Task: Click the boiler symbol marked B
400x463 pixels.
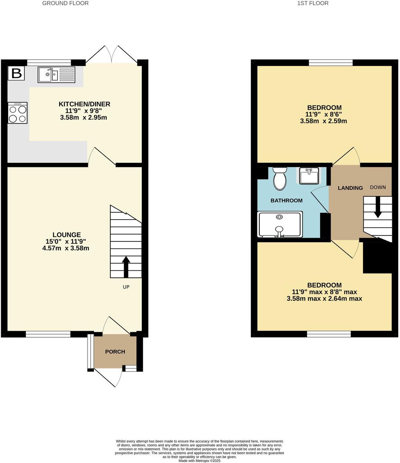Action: click(x=17, y=73)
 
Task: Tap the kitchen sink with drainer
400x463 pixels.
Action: click(x=56, y=75)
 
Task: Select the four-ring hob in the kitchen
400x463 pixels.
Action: click(x=17, y=113)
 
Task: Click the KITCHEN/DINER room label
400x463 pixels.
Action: click(x=85, y=104)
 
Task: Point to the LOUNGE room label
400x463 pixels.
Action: click(x=67, y=234)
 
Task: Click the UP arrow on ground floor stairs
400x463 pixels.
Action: click(x=126, y=267)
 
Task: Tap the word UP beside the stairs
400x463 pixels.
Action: click(x=126, y=287)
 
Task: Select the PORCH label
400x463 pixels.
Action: click(x=115, y=352)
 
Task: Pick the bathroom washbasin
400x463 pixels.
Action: click(x=309, y=176)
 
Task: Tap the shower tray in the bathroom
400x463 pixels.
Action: click(x=280, y=224)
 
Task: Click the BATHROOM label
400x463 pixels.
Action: click(x=286, y=200)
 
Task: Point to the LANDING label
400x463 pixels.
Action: click(x=350, y=188)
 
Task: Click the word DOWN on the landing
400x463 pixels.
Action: click(x=378, y=187)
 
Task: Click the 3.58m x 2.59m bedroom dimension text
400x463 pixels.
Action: click(x=324, y=121)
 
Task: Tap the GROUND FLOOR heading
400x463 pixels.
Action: click(x=66, y=3)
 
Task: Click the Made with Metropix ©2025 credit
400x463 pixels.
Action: click(x=200, y=461)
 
